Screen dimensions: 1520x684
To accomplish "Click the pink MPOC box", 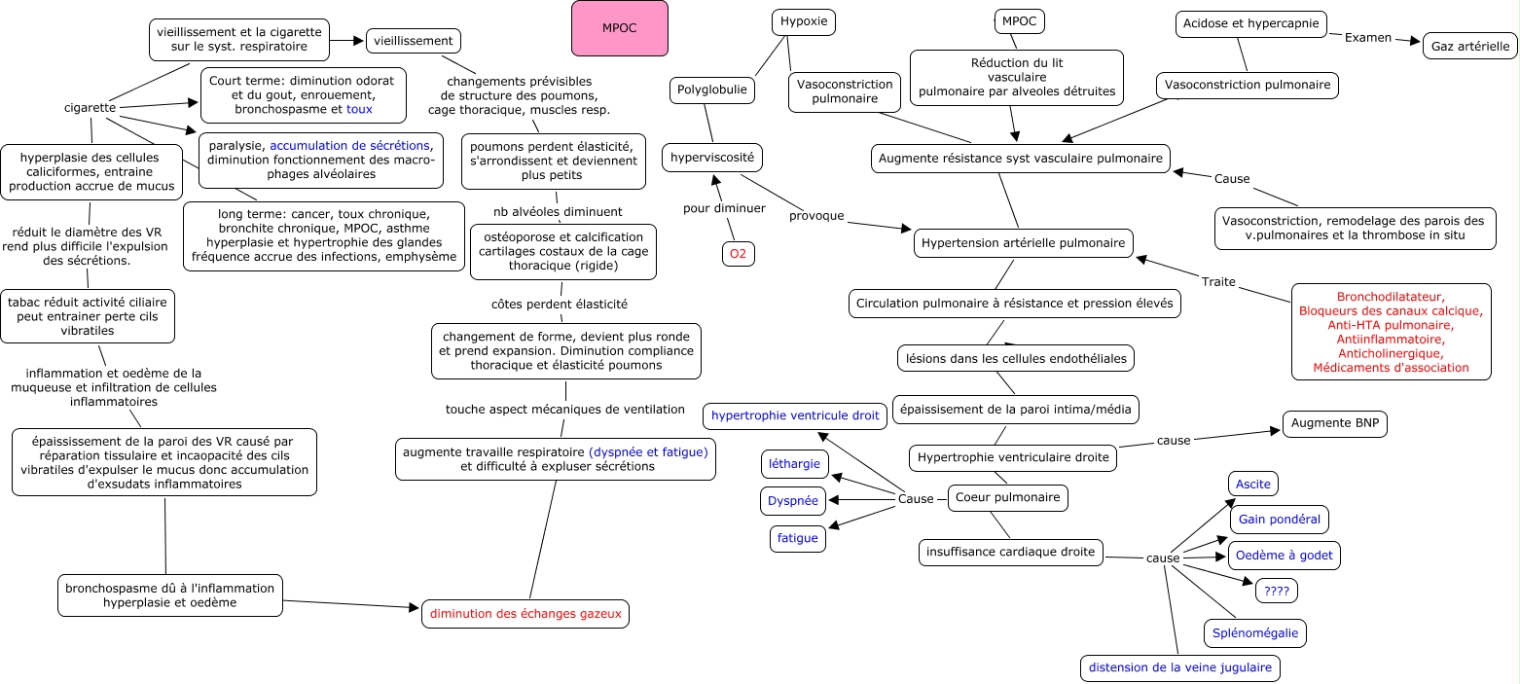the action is pyautogui.click(x=620, y=28).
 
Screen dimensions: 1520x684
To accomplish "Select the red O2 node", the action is pyautogui.click(x=738, y=254).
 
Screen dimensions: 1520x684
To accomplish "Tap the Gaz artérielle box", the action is pyautogui.click(x=1469, y=46).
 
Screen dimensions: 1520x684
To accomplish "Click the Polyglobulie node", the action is pyautogui.click(x=711, y=90).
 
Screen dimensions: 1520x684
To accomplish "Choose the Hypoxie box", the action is pyautogui.click(x=804, y=21).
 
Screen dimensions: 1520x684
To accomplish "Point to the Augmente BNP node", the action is pyautogui.click(x=1335, y=423).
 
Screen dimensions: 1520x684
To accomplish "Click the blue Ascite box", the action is pyautogui.click(x=1252, y=484).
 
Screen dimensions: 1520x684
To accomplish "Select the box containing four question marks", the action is pyautogui.click(x=1277, y=591).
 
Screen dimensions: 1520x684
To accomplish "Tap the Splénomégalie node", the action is pyautogui.click(x=1254, y=633).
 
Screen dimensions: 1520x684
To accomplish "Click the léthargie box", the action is pyautogui.click(x=795, y=464).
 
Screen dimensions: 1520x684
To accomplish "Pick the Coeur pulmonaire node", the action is pyautogui.click(x=1008, y=497).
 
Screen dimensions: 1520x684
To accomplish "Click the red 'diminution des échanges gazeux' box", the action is pyautogui.click(x=525, y=614).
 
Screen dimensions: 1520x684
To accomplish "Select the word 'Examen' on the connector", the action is pyautogui.click(x=1368, y=38).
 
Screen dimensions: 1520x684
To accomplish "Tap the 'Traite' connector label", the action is pyautogui.click(x=1218, y=281).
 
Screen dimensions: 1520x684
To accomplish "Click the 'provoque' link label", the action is pyautogui.click(x=816, y=216).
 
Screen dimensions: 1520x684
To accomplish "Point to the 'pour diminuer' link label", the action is pyautogui.click(x=724, y=208).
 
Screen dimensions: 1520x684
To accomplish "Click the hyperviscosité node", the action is pyautogui.click(x=712, y=158).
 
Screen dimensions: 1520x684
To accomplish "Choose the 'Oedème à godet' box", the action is pyautogui.click(x=1284, y=555).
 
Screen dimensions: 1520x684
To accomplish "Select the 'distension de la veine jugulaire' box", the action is pyautogui.click(x=1180, y=667).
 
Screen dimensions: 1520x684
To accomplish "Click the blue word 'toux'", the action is pyautogui.click(x=359, y=109).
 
